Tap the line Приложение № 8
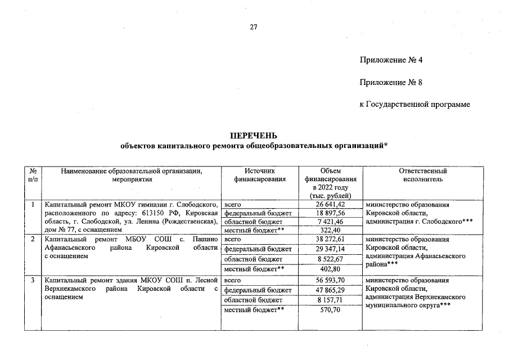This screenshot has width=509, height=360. point(391,83)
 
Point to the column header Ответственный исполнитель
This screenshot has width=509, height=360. point(422,175)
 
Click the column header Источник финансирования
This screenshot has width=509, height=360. point(259,175)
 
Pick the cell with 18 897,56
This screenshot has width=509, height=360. point(330,213)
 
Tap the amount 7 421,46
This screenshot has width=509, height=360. point(330,222)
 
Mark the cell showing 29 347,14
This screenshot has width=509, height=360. point(330,249)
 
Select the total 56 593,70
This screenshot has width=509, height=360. point(330,280)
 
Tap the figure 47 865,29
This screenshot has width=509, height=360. point(330,290)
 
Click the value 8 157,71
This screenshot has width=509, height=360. point(330,300)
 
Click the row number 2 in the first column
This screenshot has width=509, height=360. point(33,240)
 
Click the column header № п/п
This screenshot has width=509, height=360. point(33,175)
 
